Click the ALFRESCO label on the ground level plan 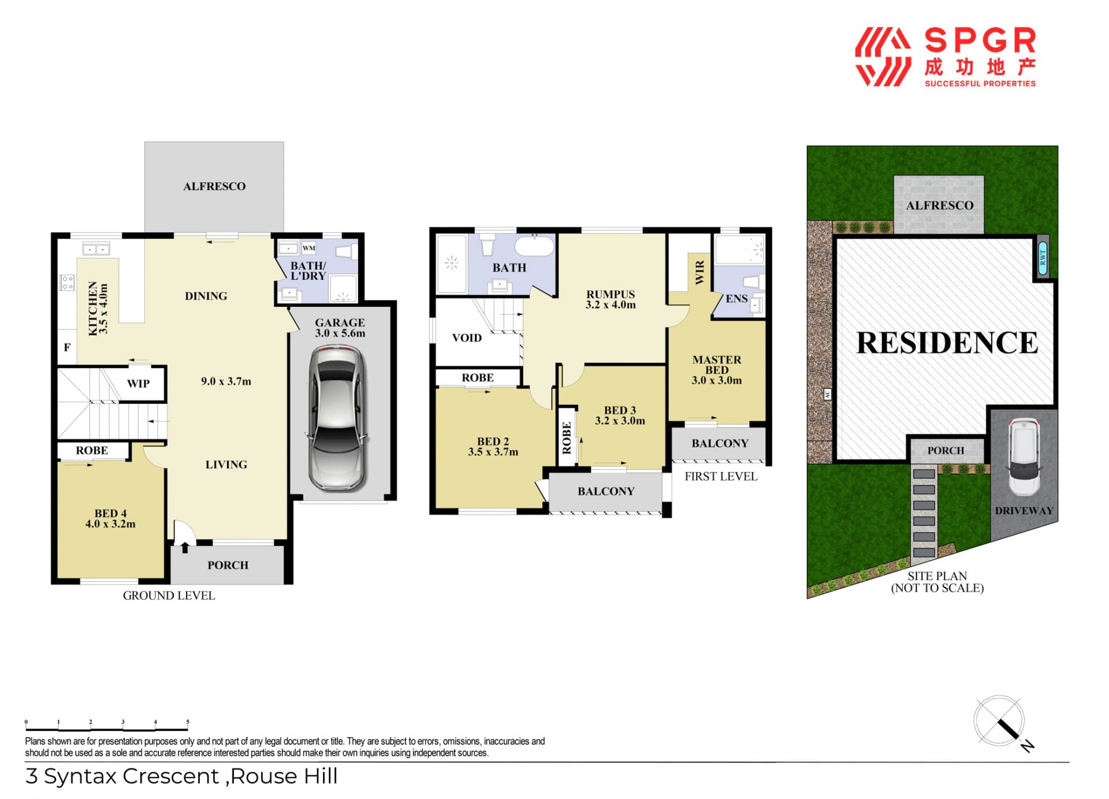pyautogui.click(x=214, y=186)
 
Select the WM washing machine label pyautogui.click(x=309, y=248)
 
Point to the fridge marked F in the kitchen pyautogui.click(x=67, y=347)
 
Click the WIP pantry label pyautogui.click(x=138, y=384)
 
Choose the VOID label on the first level pyautogui.click(x=467, y=338)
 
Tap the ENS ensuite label pyautogui.click(x=736, y=299)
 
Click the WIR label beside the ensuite pyautogui.click(x=699, y=272)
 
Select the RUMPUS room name pyautogui.click(x=611, y=294)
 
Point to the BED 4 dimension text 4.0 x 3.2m pyautogui.click(x=110, y=524)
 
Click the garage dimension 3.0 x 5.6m pyautogui.click(x=340, y=333)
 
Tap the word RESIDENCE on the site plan pyautogui.click(x=947, y=343)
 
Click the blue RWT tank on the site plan pyautogui.click(x=1043, y=257)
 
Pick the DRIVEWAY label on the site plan pyautogui.click(x=1024, y=511)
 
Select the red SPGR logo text pyautogui.click(x=980, y=41)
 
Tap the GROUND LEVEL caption pyautogui.click(x=169, y=596)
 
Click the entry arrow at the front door pyautogui.click(x=185, y=547)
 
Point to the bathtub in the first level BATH pyautogui.click(x=534, y=246)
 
